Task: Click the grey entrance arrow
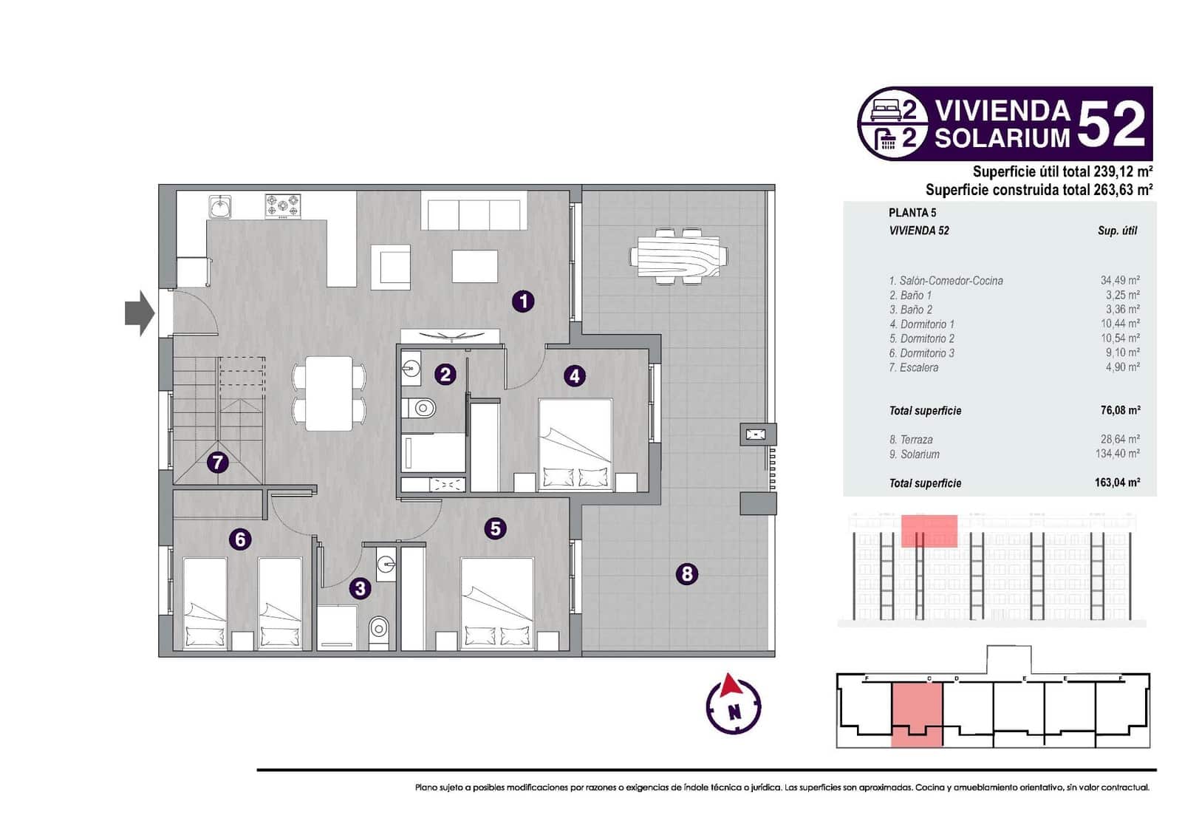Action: coord(140,313)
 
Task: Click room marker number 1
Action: coord(523,301)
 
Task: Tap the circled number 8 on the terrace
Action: coord(687,573)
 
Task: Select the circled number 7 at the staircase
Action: coord(216,463)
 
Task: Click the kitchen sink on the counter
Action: coord(220,207)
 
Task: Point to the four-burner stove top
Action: coord(283,205)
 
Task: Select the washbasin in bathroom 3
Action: coord(386,565)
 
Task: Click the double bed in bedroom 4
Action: coord(575,443)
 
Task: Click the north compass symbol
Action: coord(733,704)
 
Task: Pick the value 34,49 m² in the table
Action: coord(1119,280)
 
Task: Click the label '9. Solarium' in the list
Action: coord(914,454)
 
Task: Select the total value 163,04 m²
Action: coord(1117,483)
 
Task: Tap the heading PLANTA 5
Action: coord(912,213)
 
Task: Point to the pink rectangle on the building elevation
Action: coord(929,531)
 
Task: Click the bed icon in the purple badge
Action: coord(884,111)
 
